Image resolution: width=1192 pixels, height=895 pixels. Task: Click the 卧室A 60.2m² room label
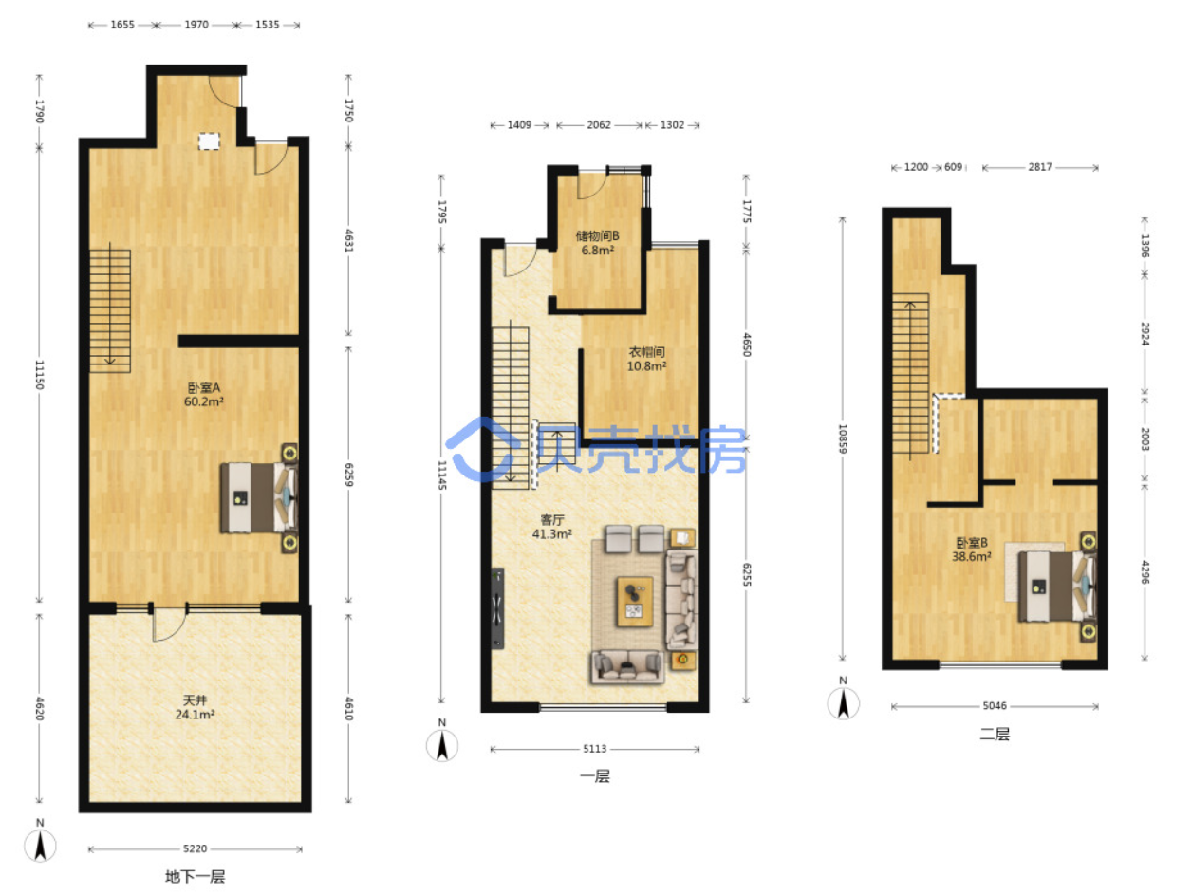point(203,394)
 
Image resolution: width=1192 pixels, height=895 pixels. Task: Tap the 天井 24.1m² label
point(195,707)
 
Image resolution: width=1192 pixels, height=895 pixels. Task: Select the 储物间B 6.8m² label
point(597,243)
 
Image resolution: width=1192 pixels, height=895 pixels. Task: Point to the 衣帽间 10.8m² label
point(646,359)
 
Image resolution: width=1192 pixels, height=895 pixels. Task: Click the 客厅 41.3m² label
point(551,527)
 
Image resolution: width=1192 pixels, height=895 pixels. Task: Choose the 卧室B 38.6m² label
point(971,550)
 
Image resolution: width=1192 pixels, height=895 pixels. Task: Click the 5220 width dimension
point(195,848)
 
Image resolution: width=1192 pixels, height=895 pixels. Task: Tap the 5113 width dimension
point(594,749)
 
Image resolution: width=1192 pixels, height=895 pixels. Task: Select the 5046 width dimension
point(994,705)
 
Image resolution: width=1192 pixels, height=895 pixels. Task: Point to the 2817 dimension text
point(1039,167)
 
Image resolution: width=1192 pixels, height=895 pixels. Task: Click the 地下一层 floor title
point(195,876)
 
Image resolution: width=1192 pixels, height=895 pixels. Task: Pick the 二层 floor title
point(994,735)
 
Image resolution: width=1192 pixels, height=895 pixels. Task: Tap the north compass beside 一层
point(441,745)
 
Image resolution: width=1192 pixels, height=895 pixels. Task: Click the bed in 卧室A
point(258,497)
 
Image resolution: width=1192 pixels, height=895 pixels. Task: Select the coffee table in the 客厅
point(634,601)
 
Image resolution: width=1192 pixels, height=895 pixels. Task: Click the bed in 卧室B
point(1056,586)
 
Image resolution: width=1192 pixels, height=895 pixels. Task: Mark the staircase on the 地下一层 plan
point(110,310)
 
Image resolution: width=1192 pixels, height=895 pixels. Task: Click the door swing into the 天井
point(168,624)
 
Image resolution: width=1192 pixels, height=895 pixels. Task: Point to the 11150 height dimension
point(39,374)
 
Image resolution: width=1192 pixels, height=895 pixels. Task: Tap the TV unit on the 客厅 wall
point(497,607)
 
